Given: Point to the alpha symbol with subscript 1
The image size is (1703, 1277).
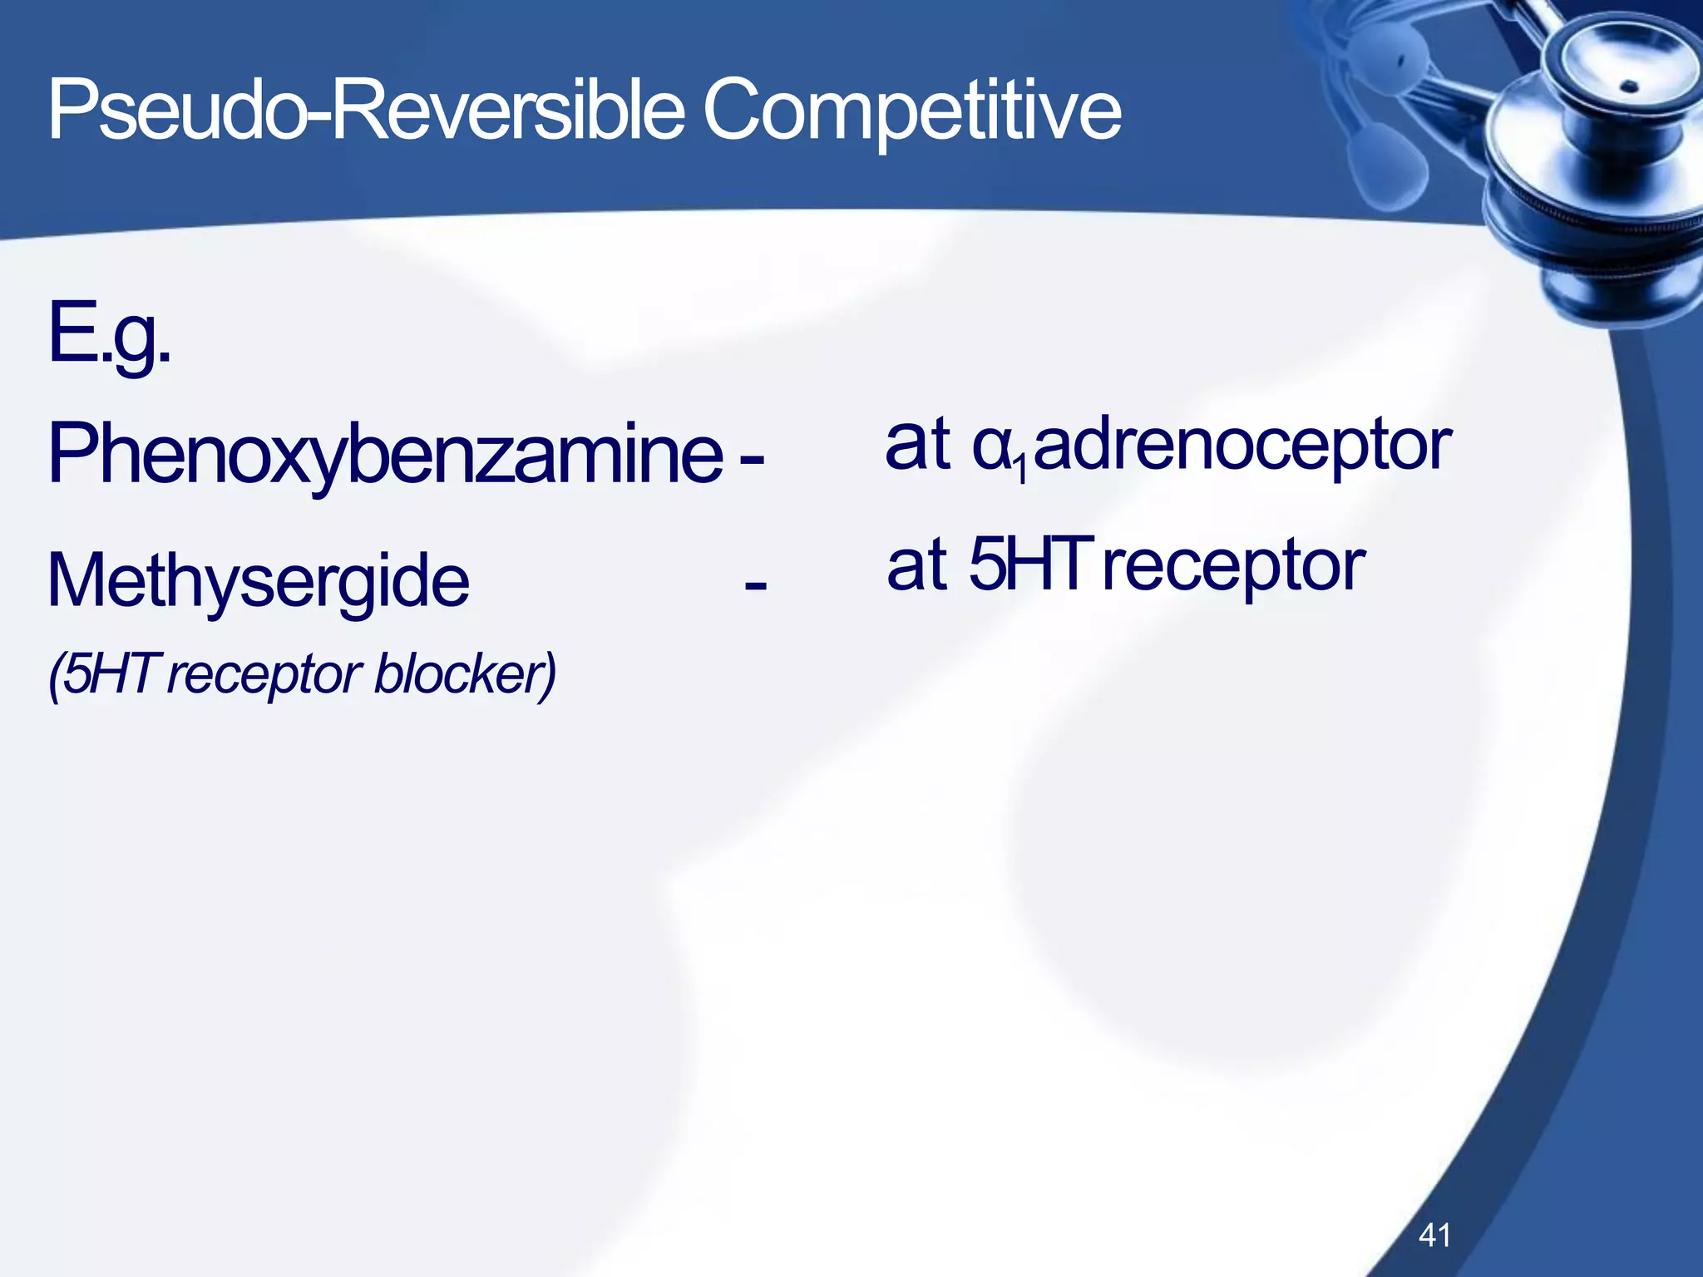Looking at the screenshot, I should pyautogui.click(x=994, y=447).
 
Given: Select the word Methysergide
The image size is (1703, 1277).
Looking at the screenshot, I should pyautogui.click(x=258, y=581).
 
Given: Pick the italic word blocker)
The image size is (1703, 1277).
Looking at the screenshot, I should pyautogui.click(x=465, y=675).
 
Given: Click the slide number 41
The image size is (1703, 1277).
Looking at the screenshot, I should pyautogui.click(x=1434, y=1235).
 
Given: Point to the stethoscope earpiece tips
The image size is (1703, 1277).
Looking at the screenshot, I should pyautogui.click(x=1380, y=158).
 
